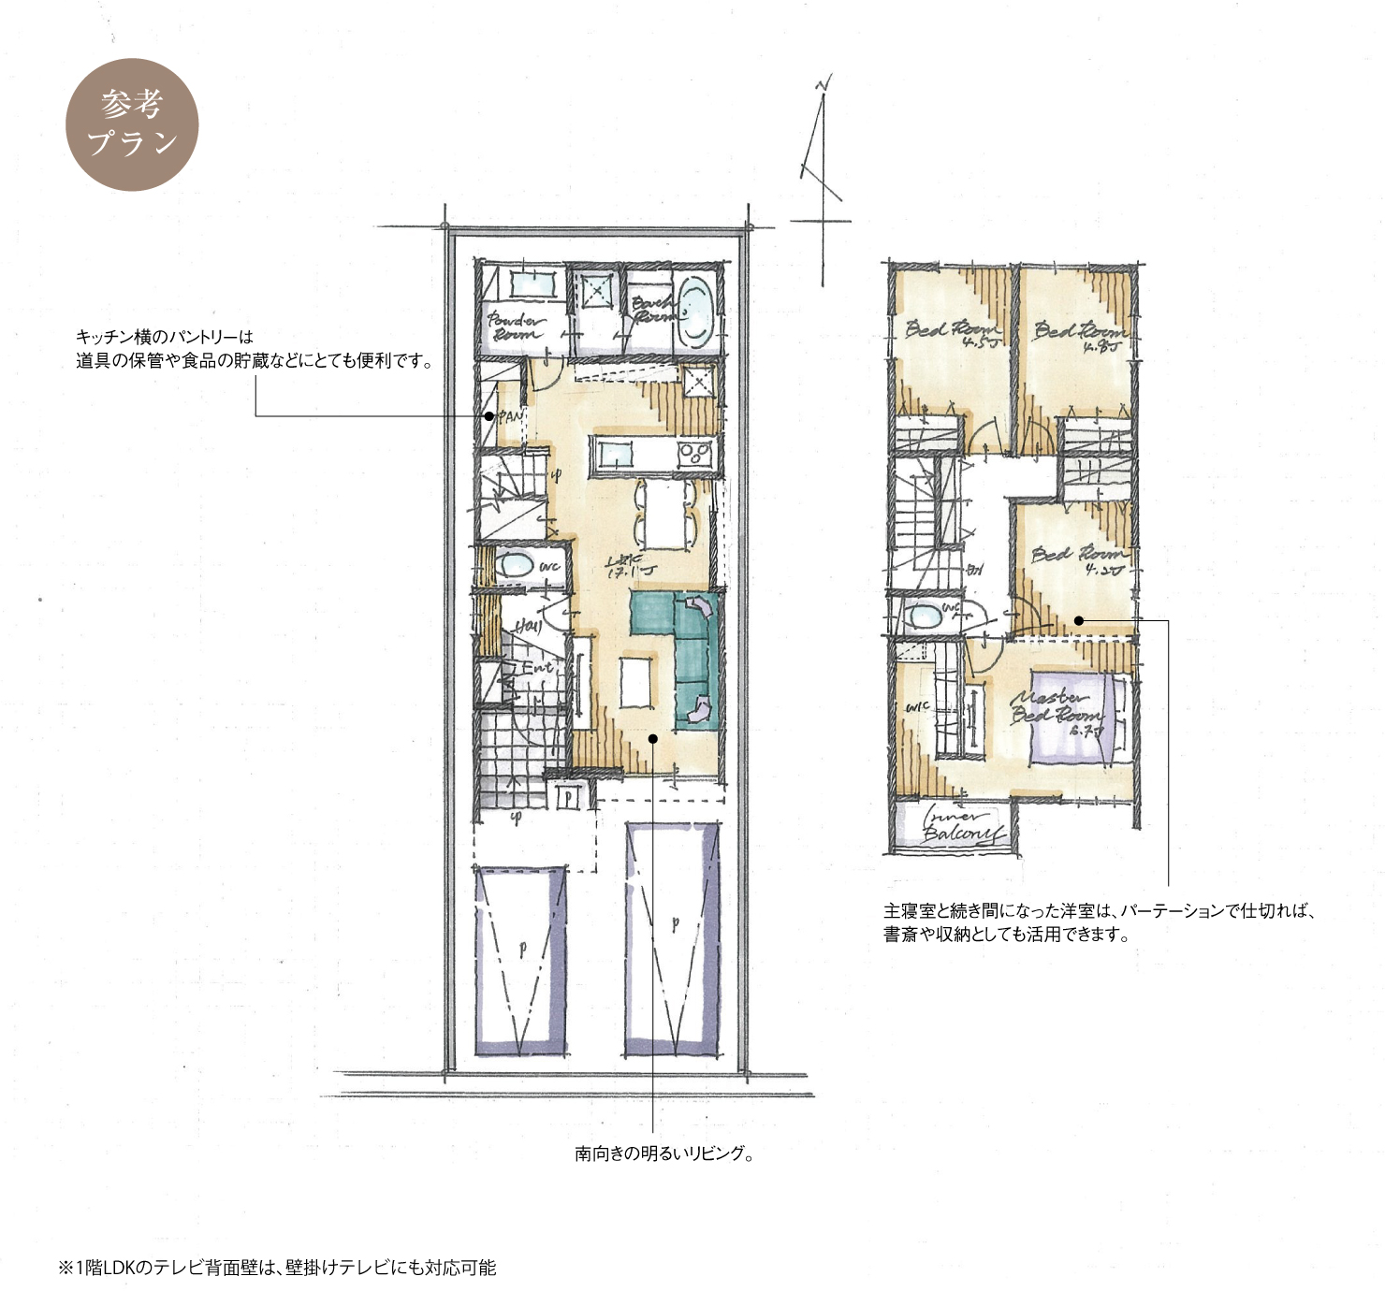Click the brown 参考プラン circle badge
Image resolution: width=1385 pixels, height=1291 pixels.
point(132,124)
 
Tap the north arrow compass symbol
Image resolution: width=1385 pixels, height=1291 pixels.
point(821,178)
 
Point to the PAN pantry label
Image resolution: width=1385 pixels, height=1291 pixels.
point(508,417)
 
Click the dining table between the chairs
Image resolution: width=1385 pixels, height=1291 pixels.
point(663,514)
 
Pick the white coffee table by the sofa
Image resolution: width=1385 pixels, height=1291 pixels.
point(634,685)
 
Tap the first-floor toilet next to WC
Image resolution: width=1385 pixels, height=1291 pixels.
point(513,566)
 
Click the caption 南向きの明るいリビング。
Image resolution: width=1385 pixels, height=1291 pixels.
point(664,1153)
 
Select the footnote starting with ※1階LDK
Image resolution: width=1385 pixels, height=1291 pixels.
point(277,1268)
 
